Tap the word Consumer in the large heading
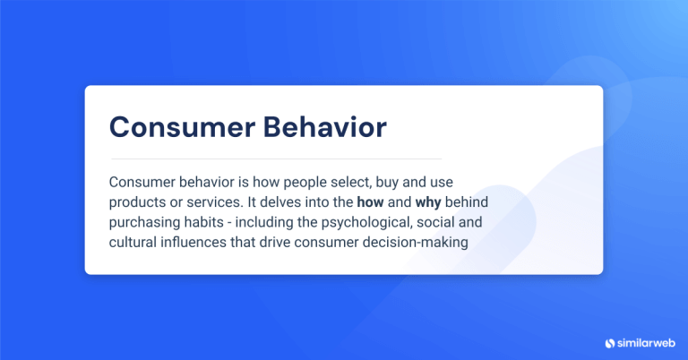coord(172,127)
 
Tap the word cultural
coord(133,243)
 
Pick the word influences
coord(194,243)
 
